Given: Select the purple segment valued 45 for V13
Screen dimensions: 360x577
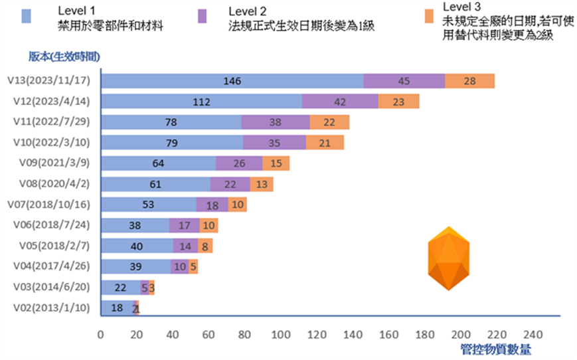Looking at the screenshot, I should (404, 81).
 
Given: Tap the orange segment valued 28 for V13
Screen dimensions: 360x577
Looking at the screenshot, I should (469, 81).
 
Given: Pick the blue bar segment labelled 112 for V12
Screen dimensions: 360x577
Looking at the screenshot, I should (201, 102).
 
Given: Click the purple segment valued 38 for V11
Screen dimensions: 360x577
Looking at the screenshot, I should (275, 122).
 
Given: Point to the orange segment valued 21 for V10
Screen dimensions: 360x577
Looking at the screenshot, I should (325, 143).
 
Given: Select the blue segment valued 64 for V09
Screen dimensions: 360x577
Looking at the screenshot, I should (157, 163).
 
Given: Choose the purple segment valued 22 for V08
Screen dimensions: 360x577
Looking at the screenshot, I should (230, 184).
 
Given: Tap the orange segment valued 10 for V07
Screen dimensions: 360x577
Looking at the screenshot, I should (237, 205).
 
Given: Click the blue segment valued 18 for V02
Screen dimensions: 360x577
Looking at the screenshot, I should (116, 308).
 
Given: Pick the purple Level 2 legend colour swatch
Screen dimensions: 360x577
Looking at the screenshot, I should (204, 16).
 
